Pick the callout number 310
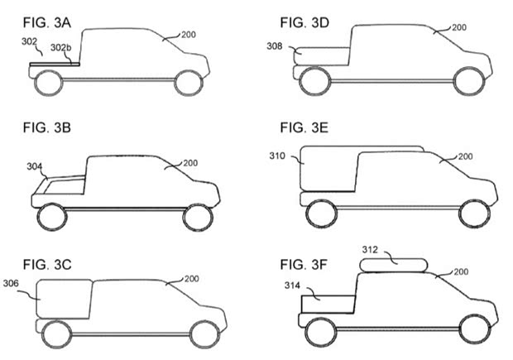point(280,155)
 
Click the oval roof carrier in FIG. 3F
point(395,265)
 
